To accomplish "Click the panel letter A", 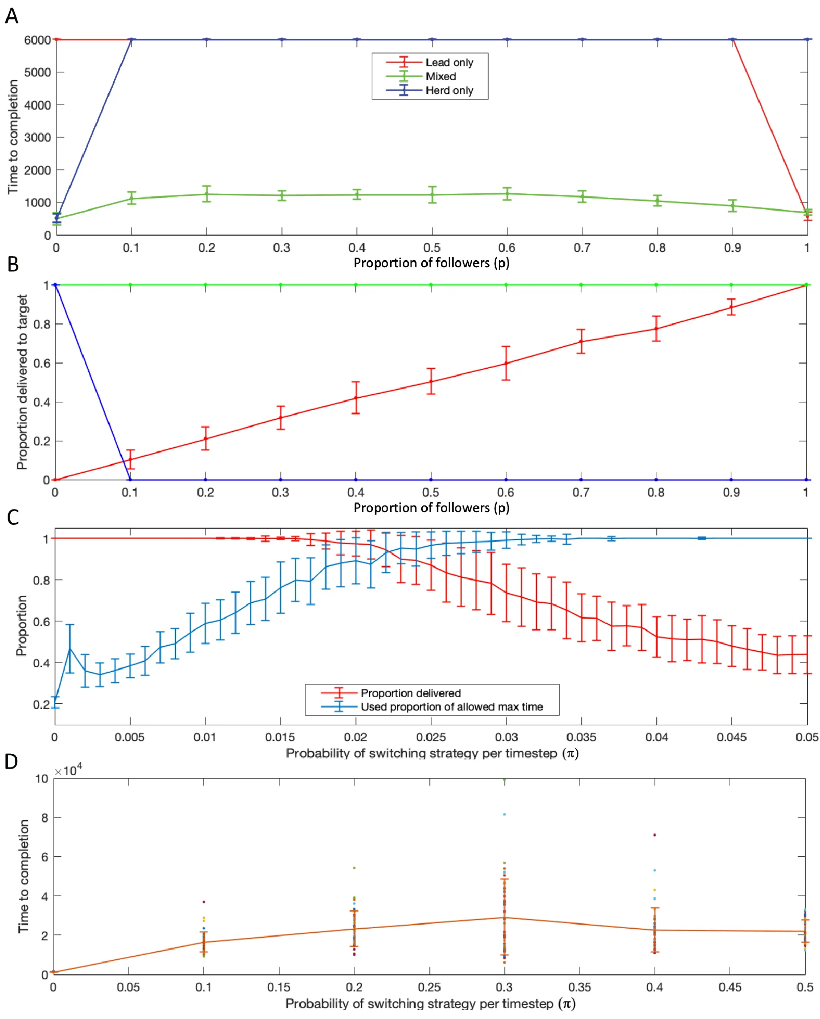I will tap(12, 16).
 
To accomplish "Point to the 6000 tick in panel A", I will tap(37, 40).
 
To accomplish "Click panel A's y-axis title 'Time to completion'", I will tap(13, 137).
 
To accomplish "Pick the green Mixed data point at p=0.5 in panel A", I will tap(432, 194).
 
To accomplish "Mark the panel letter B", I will tap(13, 264).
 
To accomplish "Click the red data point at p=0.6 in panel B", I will tap(506, 363).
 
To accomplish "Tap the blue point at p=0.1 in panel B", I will tap(130, 480).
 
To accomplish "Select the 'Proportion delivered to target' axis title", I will tap(22, 382).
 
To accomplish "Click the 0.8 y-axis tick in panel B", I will tap(42, 324).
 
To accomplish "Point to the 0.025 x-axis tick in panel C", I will tap(431, 737).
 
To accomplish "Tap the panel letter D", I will tap(12, 761).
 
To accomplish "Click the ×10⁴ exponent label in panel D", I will tap(68, 770).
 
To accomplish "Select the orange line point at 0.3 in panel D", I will tap(504, 918).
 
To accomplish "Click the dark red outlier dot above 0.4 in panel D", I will tap(654, 835).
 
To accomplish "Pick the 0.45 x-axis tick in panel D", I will tap(730, 987).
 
